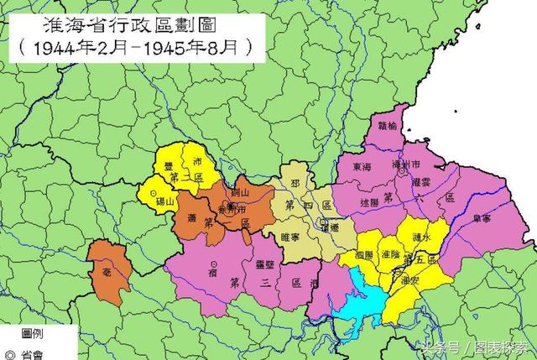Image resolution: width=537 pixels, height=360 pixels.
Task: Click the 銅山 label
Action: pos(238,194)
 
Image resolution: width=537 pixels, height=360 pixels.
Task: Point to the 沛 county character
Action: pos(198,161)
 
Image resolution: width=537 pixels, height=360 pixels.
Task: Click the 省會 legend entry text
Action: pos(33,352)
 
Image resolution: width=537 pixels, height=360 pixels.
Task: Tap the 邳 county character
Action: pos(294,180)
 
